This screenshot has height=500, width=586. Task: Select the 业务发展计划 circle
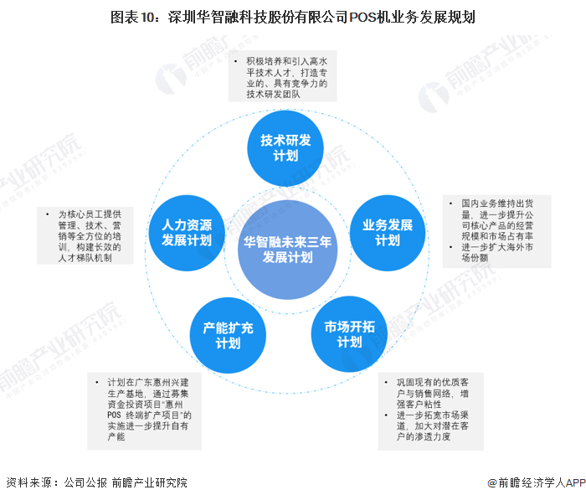coord(387,233)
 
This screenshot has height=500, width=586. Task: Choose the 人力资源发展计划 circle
coord(187,233)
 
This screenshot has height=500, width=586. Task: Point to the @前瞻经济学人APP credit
coord(536,482)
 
